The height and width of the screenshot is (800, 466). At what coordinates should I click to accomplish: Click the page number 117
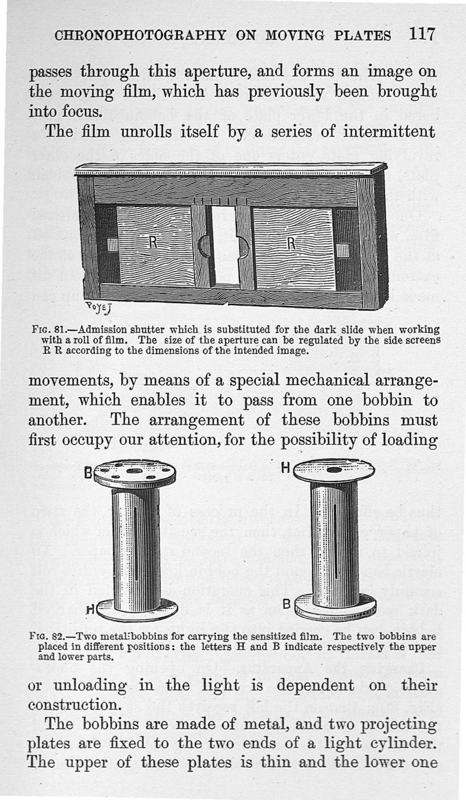(x=422, y=34)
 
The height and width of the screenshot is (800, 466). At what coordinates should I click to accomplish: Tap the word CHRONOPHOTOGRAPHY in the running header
(x=139, y=36)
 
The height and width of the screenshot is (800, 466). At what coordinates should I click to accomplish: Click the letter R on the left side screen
(x=153, y=242)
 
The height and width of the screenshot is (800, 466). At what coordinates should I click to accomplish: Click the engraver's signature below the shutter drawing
(x=97, y=305)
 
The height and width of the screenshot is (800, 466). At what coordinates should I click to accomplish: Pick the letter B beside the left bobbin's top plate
(x=88, y=473)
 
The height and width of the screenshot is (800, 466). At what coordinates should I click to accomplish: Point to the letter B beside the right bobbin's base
(x=285, y=606)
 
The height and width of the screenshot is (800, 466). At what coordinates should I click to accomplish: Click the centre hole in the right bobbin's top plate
(x=334, y=469)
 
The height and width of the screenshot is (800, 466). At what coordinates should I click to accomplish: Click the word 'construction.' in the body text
(x=75, y=705)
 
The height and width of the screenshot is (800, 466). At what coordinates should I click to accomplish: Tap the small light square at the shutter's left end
(x=112, y=245)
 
